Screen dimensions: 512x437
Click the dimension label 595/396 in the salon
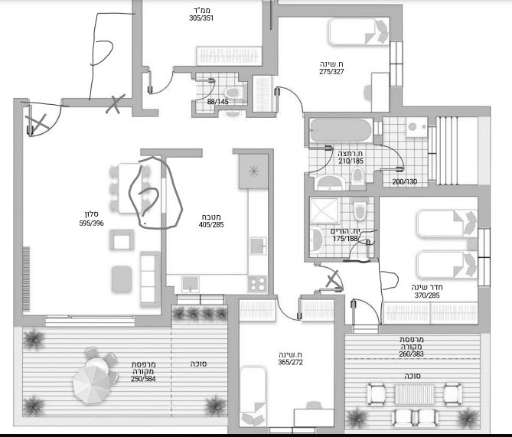(x=91, y=223)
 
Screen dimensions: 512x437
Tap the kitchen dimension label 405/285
(x=211, y=225)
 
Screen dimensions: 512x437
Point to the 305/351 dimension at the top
(x=201, y=18)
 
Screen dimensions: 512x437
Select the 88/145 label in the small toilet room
(x=218, y=102)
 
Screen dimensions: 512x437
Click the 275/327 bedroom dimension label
(x=331, y=72)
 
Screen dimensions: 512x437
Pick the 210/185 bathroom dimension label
(x=351, y=161)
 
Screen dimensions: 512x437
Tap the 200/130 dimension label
(x=405, y=181)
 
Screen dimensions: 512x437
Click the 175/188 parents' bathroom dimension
(x=345, y=239)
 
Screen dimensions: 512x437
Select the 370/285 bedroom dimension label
(x=427, y=295)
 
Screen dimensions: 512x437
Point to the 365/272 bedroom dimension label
(x=290, y=362)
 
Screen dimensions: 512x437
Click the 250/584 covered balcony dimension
(x=143, y=379)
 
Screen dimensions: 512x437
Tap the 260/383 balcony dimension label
(x=411, y=354)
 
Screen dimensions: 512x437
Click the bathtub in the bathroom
(x=341, y=131)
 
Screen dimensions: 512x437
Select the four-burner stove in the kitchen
(x=257, y=283)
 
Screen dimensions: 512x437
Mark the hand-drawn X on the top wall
(x=116, y=104)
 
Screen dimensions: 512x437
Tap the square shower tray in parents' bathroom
(x=324, y=210)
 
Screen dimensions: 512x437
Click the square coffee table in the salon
(x=122, y=240)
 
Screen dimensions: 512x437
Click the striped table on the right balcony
(x=414, y=395)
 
